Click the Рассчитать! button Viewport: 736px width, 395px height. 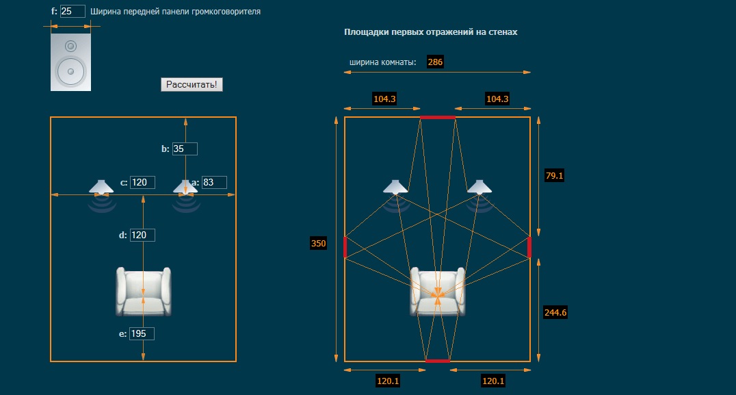[x=192, y=84]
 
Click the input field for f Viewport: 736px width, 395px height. [x=73, y=12]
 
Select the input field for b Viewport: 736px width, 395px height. [x=185, y=149]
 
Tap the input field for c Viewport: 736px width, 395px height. [x=142, y=182]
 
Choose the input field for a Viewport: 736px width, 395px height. [x=214, y=182]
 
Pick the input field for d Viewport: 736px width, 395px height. [x=142, y=235]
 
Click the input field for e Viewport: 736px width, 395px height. [x=142, y=333]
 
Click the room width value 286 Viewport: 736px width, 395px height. [x=435, y=62]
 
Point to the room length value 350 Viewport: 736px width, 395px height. [x=319, y=243]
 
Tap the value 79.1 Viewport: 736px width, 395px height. [x=553, y=176]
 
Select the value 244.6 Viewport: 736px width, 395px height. [x=555, y=312]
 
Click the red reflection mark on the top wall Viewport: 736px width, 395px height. [x=437, y=118]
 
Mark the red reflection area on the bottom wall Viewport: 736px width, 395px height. [x=437, y=360]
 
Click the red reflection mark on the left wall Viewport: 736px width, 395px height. [x=345, y=246]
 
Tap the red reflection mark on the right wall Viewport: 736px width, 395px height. [x=529, y=246]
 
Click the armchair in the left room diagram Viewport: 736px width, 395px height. [x=143, y=291]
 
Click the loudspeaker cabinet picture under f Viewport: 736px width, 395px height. [x=70, y=62]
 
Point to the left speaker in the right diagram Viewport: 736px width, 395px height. [x=395, y=186]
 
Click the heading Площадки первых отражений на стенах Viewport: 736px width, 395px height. [x=431, y=32]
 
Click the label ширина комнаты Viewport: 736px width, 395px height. [x=383, y=62]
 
